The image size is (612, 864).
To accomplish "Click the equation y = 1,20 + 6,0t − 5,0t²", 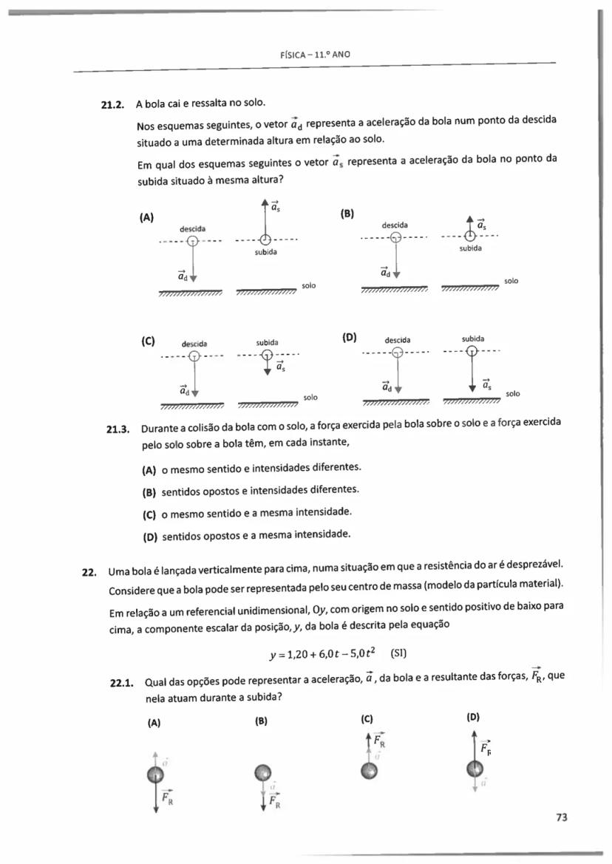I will click(x=324, y=653).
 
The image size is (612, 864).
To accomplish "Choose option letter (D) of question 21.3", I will click(x=149, y=534).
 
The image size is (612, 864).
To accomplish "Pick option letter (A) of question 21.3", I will click(x=149, y=468).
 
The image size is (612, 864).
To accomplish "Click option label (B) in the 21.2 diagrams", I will click(x=347, y=214).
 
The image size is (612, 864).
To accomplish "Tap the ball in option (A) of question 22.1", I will click(x=155, y=775).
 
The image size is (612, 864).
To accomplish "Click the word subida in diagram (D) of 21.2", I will click(x=472, y=338).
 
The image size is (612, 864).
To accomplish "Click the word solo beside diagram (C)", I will click(x=310, y=398).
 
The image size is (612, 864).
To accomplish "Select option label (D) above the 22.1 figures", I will click(x=474, y=716).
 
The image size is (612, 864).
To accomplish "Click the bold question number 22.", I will click(x=89, y=571).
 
